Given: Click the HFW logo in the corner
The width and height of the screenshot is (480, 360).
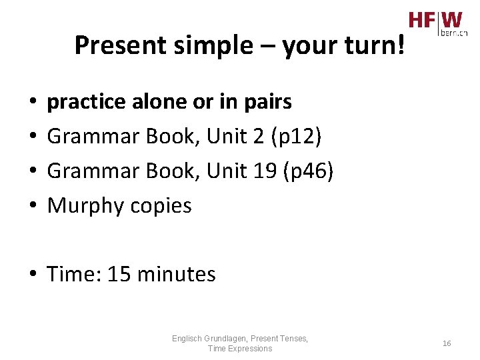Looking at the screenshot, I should (x=435, y=20).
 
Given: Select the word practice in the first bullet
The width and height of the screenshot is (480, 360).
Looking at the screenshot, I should (x=86, y=102).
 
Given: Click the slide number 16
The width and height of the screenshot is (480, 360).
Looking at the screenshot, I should (x=447, y=343).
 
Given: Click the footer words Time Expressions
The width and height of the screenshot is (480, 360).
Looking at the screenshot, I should (x=240, y=349).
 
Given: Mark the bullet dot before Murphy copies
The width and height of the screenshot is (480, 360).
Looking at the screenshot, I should (x=32, y=206).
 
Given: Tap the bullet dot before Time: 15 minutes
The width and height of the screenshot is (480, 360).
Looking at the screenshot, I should (x=32, y=275).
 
